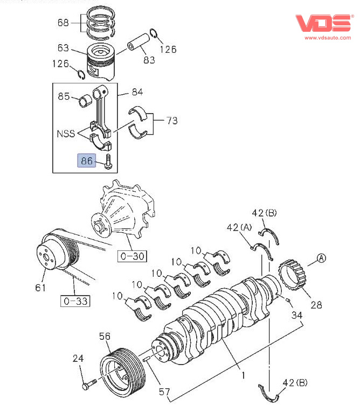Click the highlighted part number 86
tap(87, 160)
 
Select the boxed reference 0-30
tap(132, 256)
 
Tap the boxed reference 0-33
tap(75, 301)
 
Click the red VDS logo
tap(323, 23)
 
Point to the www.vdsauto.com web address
tap(328, 38)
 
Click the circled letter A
tap(321, 258)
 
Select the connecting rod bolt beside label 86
tap(108, 162)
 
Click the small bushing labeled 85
tap(86, 101)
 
